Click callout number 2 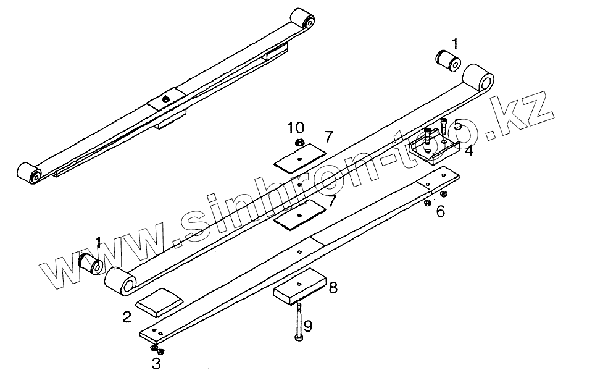[x=127, y=318]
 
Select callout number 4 [x=469, y=150]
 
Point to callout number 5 [x=457, y=125]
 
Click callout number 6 [x=440, y=211]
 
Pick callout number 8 [x=333, y=287]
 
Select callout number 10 [x=296, y=128]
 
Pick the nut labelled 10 [x=297, y=143]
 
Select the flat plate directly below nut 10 [x=300, y=157]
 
